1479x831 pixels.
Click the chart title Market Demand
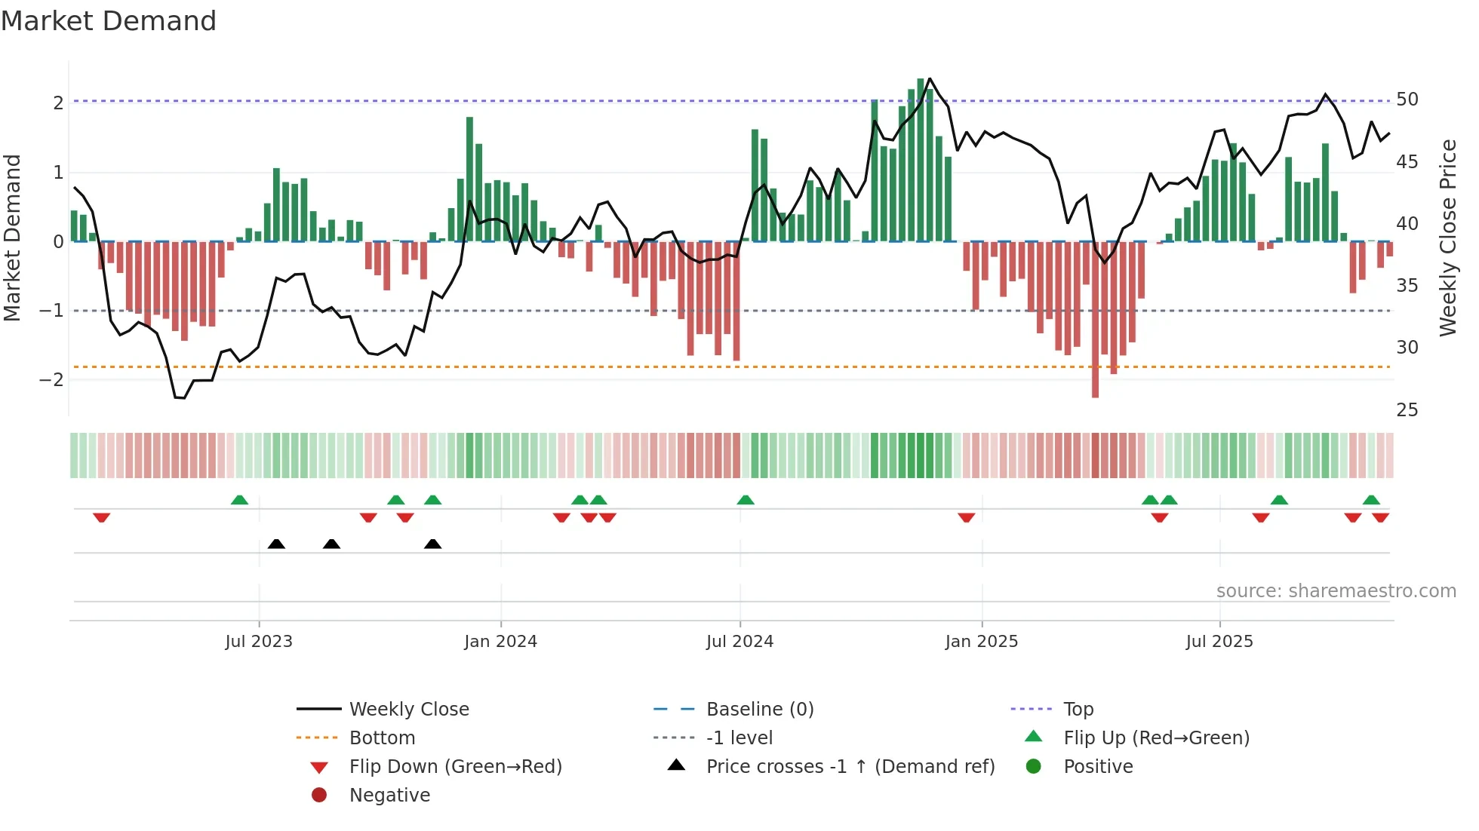click(x=109, y=21)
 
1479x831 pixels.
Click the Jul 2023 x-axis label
click(x=259, y=642)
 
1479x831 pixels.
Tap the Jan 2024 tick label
click(x=500, y=642)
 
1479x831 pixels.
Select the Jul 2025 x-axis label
click(x=1219, y=642)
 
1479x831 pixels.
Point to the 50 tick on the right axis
click(x=1407, y=100)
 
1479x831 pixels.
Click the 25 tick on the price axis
click(x=1407, y=410)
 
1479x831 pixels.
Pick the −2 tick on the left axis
click(x=51, y=379)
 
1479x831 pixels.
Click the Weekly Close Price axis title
click(x=1447, y=238)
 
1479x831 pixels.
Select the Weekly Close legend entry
click(x=408, y=710)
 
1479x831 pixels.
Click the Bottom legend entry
click(x=382, y=738)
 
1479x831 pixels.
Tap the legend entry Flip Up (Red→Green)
click(x=1156, y=738)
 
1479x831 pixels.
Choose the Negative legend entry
click(x=389, y=796)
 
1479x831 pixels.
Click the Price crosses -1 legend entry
click(x=850, y=767)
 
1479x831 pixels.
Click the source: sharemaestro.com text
click(x=1336, y=591)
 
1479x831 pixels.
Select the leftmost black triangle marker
click(x=276, y=544)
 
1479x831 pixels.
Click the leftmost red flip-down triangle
click(x=102, y=517)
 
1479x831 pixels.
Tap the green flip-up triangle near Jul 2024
click(x=746, y=500)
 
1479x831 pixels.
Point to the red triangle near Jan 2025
click(x=966, y=517)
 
